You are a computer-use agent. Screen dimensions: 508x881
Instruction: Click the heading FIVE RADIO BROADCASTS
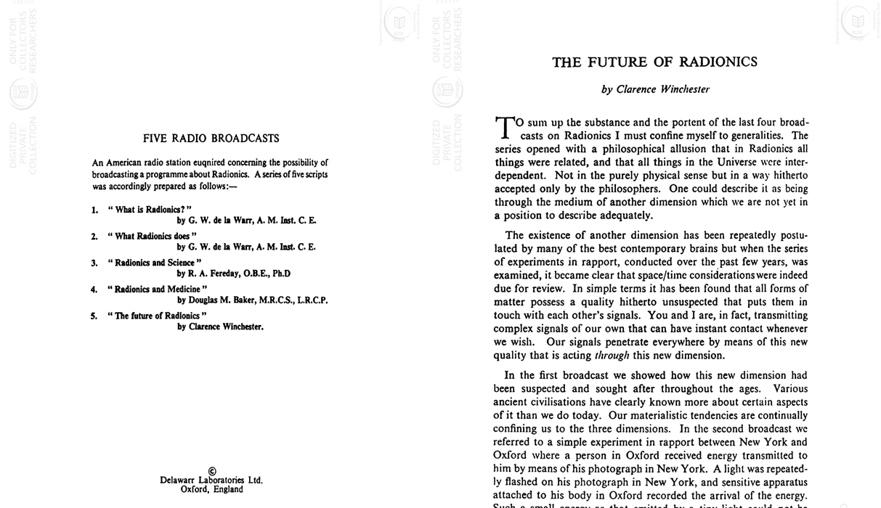(x=211, y=139)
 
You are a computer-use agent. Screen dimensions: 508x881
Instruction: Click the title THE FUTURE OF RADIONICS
(x=654, y=62)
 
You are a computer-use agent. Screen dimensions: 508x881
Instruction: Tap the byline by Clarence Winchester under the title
(x=655, y=89)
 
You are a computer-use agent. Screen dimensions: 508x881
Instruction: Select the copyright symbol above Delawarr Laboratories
(x=211, y=471)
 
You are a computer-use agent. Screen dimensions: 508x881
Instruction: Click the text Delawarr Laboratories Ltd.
(x=211, y=480)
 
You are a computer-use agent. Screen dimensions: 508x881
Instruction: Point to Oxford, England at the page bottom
(x=211, y=490)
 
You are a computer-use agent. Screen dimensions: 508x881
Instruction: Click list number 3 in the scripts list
(x=94, y=263)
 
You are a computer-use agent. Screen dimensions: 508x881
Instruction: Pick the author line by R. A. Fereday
(x=234, y=274)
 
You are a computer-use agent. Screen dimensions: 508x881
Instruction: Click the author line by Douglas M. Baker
(x=253, y=300)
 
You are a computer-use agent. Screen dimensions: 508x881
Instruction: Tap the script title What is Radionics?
(x=150, y=210)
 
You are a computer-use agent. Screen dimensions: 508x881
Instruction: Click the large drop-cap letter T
(x=504, y=127)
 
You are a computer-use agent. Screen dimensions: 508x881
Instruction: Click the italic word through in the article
(x=612, y=356)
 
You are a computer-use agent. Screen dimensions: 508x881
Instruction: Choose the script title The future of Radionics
(x=157, y=316)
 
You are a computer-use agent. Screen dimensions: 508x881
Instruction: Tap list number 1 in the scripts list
(x=94, y=210)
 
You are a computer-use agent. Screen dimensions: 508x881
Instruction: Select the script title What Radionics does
(x=152, y=236)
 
